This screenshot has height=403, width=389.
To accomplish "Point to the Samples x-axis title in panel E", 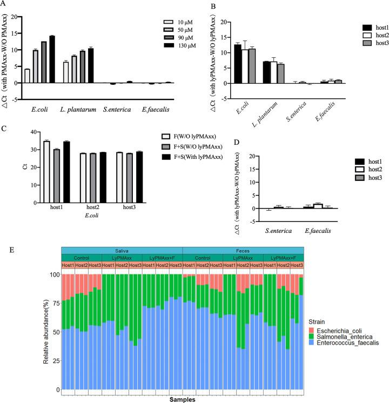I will click(x=182, y=399).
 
